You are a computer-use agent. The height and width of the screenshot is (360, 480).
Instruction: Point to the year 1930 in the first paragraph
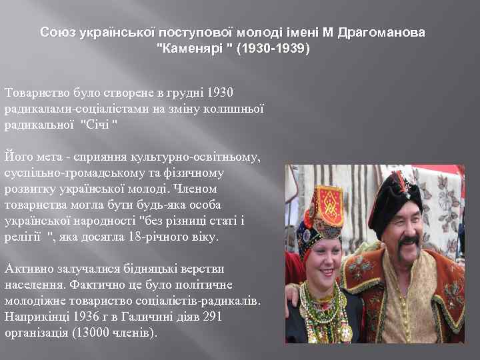(221, 91)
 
